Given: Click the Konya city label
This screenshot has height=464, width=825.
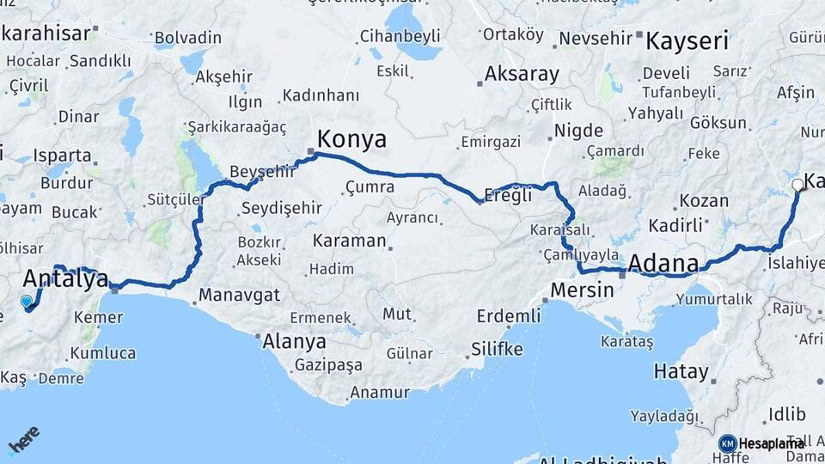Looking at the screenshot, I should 351,139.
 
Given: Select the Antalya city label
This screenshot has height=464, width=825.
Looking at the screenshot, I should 65,278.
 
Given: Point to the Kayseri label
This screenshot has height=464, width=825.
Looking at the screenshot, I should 687,40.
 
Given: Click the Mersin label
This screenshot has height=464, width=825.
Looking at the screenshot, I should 582,290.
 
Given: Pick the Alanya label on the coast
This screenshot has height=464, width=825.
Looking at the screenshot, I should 294,341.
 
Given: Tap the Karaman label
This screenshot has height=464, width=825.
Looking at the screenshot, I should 349,241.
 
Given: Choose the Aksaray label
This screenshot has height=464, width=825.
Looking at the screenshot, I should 522,74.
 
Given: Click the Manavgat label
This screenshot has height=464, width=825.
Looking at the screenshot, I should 240,296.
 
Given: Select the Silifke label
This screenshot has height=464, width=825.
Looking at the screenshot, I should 497,349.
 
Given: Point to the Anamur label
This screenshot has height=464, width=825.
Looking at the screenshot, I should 379,393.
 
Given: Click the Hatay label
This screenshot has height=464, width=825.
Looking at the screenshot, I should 681,372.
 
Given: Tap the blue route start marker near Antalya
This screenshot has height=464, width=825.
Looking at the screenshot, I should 27,302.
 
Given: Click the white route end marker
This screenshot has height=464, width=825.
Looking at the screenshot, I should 797,184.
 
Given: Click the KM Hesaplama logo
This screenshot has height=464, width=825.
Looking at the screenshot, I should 761,443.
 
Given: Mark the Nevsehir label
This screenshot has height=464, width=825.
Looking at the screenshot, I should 596,39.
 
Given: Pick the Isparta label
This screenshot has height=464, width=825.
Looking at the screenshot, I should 62,156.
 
